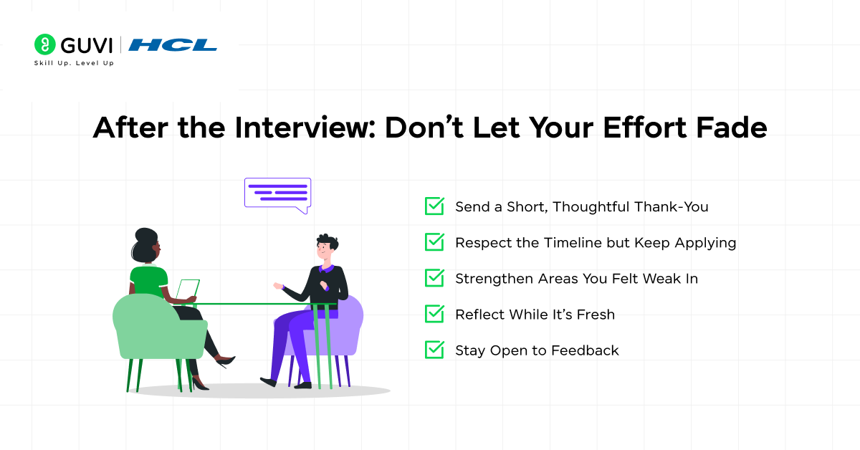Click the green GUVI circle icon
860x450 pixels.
[44, 44]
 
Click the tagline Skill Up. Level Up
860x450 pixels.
[74, 63]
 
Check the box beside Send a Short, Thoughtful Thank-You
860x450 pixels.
[434, 206]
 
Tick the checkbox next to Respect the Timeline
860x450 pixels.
[434, 242]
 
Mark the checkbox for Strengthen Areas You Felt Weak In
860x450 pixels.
[434, 278]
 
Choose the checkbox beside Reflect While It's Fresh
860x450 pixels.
[434, 314]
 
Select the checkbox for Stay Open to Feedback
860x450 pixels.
[434, 350]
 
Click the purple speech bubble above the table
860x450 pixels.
[277, 193]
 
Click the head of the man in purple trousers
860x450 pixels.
[326, 247]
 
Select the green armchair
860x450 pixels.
[150, 330]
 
